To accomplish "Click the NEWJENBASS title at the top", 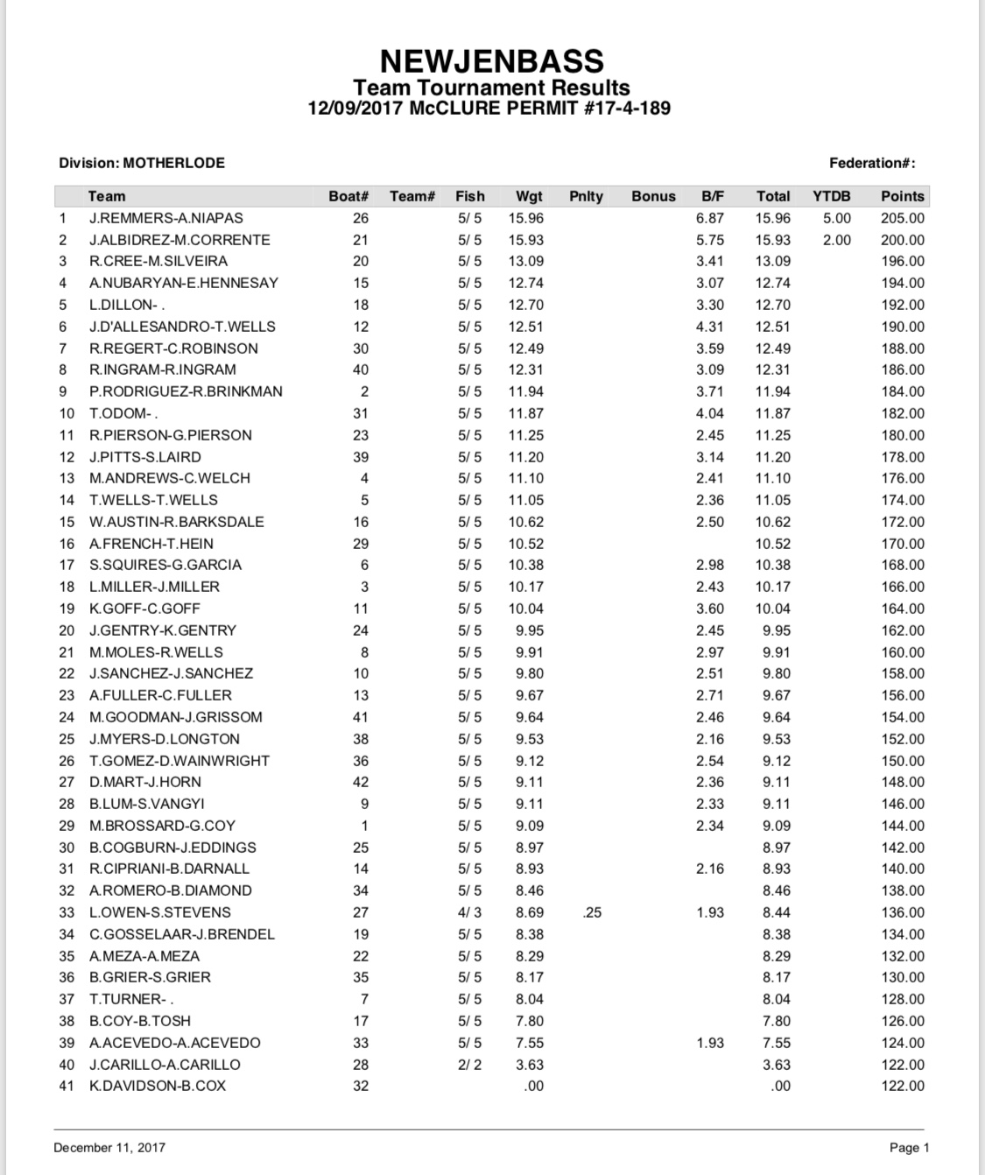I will click(x=491, y=60).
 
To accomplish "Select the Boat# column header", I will click(x=348, y=196).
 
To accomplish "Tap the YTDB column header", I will click(x=831, y=196).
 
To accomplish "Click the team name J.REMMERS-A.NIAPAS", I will click(x=165, y=218).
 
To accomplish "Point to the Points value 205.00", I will click(x=902, y=218).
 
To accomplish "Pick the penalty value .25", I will click(x=592, y=912).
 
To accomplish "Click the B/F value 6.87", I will click(x=709, y=218).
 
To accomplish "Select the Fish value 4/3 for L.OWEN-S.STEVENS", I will click(x=469, y=912).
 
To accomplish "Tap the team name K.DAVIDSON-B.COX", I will click(x=158, y=1086).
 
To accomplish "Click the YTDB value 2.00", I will click(x=836, y=240).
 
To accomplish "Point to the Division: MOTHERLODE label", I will click(x=142, y=163).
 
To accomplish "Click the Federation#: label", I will click(x=872, y=163).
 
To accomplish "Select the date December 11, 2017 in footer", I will click(x=109, y=1147).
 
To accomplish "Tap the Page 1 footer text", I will click(x=909, y=1147).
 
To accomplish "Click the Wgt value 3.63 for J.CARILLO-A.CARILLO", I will click(x=529, y=1065).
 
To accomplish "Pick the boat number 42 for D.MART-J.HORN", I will click(x=360, y=782).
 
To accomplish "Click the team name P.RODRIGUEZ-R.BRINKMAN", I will click(x=186, y=391).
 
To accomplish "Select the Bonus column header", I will click(x=653, y=196).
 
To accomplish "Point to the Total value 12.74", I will click(x=772, y=283).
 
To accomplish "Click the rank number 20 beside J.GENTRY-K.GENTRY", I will click(x=67, y=630).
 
